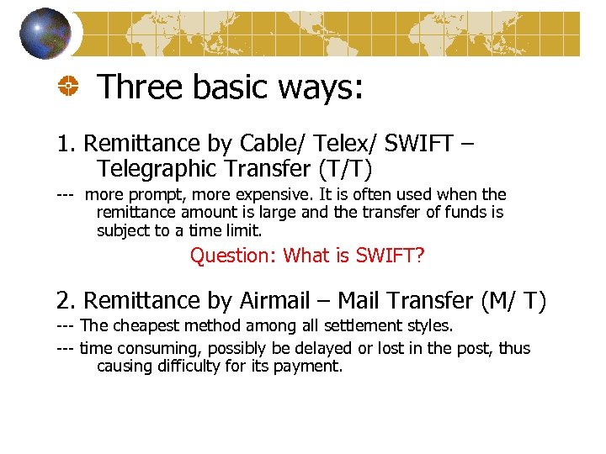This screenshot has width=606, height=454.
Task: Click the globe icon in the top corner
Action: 45,33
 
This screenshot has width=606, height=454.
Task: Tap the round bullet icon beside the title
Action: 69,87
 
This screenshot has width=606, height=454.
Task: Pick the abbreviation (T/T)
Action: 338,169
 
